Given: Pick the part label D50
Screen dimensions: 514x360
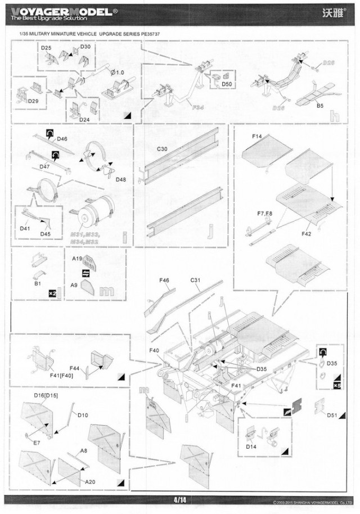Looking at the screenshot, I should [x=227, y=84].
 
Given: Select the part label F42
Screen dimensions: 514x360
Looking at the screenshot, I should [x=307, y=233].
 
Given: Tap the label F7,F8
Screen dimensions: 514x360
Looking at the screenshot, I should [x=265, y=214].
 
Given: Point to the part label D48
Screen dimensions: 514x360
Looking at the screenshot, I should [x=121, y=179].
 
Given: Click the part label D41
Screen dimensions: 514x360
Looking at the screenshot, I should [x=25, y=228].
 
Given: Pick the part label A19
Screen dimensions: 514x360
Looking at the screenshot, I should [x=78, y=258].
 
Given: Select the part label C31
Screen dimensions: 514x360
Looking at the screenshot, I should [x=196, y=279].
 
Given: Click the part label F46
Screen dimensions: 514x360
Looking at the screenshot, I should [x=164, y=279].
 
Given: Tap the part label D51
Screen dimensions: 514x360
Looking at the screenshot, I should [x=332, y=416].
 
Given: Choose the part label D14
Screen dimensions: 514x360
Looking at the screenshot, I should [x=251, y=447].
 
